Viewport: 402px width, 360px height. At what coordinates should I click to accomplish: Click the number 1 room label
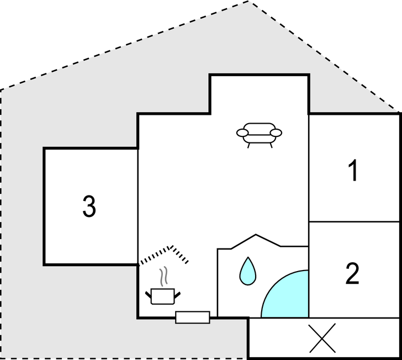(353, 170)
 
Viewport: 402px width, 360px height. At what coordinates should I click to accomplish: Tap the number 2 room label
(352, 273)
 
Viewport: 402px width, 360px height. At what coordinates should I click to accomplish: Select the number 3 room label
(89, 207)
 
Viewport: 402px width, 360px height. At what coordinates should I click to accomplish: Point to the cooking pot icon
(163, 297)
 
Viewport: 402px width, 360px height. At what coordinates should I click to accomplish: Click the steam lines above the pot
(163, 277)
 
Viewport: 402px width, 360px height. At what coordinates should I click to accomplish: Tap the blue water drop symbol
(247, 271)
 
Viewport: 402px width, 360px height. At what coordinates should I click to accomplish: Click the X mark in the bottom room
(322, 338)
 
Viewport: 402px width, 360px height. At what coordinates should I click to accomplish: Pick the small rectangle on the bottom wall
(193, 317)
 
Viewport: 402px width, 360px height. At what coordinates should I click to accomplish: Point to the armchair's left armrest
(242, 133)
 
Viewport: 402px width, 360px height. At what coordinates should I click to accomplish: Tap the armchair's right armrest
(276, 133)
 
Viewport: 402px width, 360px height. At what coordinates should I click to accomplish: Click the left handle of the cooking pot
(148, 295)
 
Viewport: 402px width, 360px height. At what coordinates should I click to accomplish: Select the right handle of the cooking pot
(177, 295)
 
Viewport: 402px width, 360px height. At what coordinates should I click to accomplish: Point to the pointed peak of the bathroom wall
(256, 234)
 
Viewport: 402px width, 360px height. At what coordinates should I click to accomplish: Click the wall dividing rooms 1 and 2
(354, 221)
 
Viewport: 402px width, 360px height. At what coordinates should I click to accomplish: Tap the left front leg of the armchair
(248, 145)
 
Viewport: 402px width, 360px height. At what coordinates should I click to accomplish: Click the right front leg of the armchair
(271, 145)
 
